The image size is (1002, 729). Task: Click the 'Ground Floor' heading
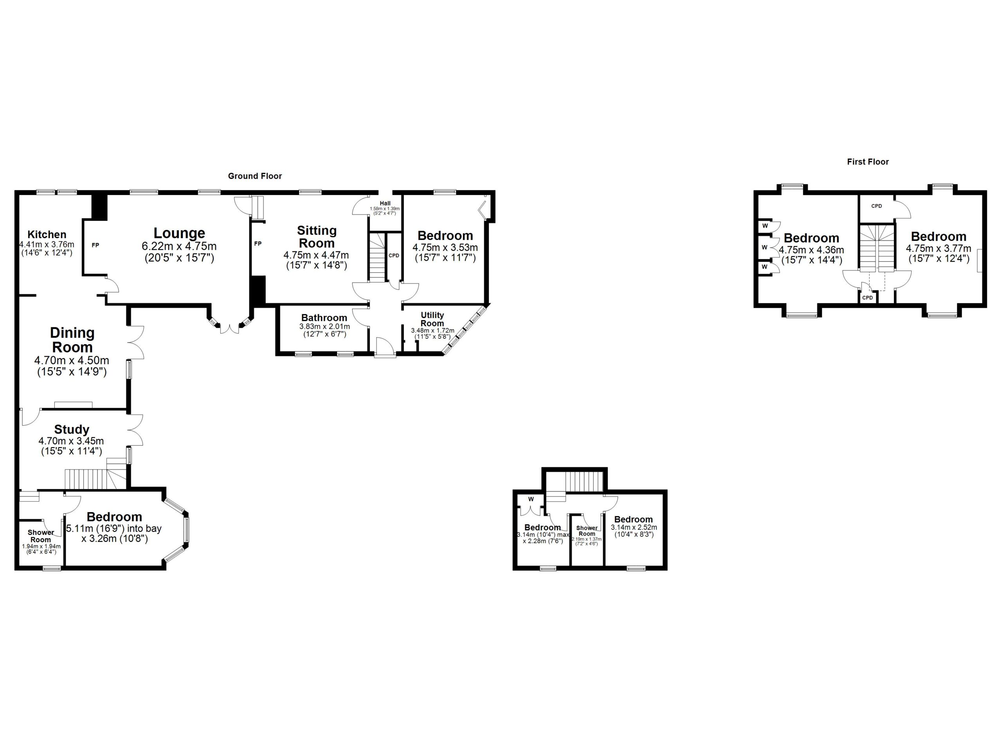coord(254,176)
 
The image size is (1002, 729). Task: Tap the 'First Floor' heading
coord(867,162)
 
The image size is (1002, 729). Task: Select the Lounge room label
coord(179,233)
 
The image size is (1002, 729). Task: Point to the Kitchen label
coord(47,234)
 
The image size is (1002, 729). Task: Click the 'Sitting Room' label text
coord(316,237)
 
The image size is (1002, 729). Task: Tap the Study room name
coord(72,429)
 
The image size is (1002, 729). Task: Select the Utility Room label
coord(432,319)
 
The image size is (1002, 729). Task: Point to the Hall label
coord(385,203)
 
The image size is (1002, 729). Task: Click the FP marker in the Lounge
coord(96,245)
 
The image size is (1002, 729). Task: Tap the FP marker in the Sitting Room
coord(258,244)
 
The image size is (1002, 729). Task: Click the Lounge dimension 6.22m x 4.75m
coord(179,246)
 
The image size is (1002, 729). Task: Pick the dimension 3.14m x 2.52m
coord(634,527)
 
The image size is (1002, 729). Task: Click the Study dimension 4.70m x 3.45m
coord(71,441)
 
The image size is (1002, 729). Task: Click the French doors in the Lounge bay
coord(230,329)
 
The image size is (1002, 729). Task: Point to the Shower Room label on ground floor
coord(41,536)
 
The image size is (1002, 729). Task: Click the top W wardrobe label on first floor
coord(765,226)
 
